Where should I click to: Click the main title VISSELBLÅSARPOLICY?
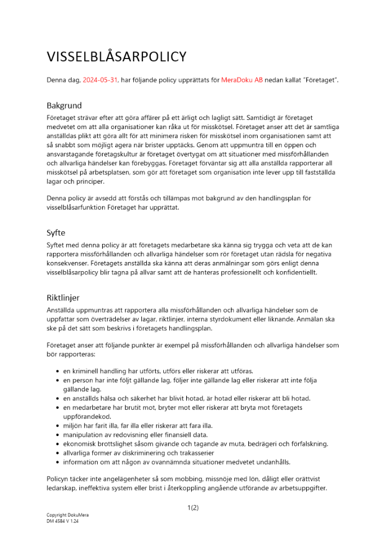pyautogui.click(x=116, y=57)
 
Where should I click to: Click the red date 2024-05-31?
pyautogui.click(x=100, y=80)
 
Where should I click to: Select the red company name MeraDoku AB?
pyautogui.click(x=242, y=80)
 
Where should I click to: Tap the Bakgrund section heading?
pyautogui.click(x=64, y=106)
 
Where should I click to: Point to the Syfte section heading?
pyautogui.click(x=56, y=232)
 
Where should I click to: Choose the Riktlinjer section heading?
pyautogui.click(x=63, y=298)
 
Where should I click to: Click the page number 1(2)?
pyautogui.click(x=193, y=508)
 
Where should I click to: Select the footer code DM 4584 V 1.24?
pyautogui.click(x=63, y=521)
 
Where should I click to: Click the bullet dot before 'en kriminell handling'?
pyautogui.click(x=57, y=371)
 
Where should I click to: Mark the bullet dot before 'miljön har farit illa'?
pyautogui.click(x=57, y=426)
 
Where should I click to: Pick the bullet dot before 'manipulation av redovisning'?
pyautogui.click(x=57, y=435)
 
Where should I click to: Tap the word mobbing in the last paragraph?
pyautogui.click(x=179, y=479)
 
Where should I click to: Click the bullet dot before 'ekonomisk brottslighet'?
pyautogui.click(x=57, y=444)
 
